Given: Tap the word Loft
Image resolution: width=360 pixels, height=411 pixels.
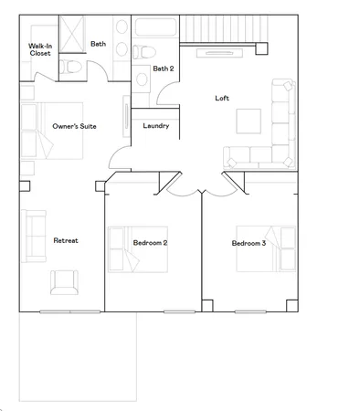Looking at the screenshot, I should [221, 98].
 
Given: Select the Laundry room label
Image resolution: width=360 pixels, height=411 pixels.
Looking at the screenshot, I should [155, 126].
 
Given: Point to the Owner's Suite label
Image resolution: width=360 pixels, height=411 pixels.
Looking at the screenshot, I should [75, 126].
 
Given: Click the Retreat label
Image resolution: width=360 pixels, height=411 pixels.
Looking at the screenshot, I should [65, 240].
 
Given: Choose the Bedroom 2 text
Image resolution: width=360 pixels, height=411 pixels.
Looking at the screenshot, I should [150, 243].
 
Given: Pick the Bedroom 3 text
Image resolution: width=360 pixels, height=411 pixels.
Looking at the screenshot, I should [249, 243].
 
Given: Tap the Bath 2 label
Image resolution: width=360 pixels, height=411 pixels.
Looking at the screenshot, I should [163, 68].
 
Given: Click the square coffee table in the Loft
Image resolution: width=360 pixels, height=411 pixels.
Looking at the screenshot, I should [249, 121].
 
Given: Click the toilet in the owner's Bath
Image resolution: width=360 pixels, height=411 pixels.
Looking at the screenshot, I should [72, 67].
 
